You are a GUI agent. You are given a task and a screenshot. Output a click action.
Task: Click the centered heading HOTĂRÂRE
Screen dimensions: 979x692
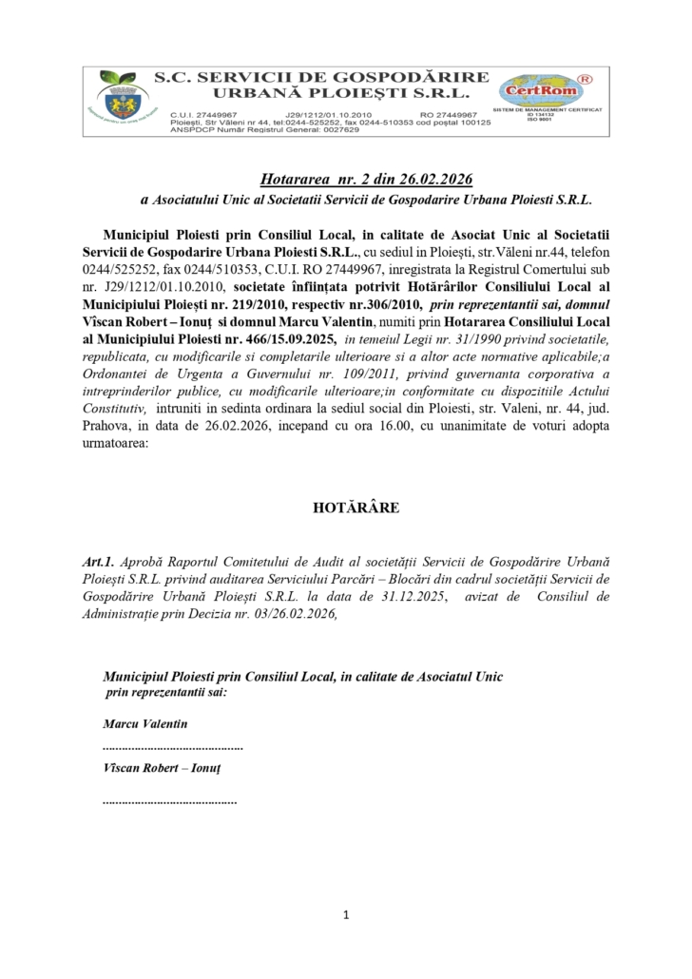346,508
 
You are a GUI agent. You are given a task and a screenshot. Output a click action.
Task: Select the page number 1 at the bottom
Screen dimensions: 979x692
346,915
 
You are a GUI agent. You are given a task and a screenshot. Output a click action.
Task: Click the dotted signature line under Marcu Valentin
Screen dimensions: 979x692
173,747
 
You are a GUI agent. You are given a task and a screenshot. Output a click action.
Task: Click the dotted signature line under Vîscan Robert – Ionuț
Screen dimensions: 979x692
169,803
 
